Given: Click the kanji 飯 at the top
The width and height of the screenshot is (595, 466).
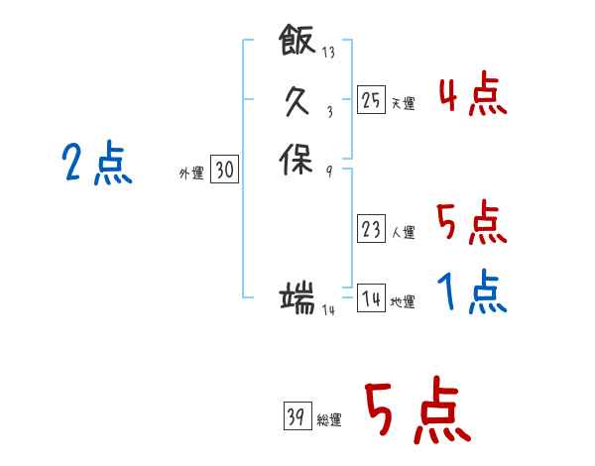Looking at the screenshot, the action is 297,40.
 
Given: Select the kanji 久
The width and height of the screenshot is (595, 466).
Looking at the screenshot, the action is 297,100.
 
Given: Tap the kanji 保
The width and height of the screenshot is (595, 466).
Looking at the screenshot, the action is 296,160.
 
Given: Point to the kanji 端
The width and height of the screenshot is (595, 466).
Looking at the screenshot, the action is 297,297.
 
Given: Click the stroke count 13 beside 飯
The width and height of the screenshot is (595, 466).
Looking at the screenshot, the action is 328,52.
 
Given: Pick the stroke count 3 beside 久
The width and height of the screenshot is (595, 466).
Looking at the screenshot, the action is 330,112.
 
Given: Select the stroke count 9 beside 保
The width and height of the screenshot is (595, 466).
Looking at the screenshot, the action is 329,172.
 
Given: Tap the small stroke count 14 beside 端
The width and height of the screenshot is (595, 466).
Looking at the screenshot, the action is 328,310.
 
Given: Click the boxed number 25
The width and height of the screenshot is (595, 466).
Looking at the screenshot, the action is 371,99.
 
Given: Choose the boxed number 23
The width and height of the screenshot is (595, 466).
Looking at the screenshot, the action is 371,228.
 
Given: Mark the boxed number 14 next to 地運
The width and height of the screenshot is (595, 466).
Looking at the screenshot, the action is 371,297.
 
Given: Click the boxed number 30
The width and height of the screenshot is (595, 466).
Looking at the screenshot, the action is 225,169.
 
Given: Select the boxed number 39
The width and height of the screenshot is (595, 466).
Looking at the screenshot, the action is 297,415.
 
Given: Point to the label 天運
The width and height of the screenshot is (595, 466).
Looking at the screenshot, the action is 404,103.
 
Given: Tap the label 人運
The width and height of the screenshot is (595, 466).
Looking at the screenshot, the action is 404,232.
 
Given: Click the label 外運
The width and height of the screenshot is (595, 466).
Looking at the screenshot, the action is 191,174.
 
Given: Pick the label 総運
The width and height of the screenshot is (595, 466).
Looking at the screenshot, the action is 329,420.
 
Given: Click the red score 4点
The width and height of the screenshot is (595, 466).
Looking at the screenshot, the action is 473,93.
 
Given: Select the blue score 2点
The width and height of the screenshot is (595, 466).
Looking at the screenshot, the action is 97,164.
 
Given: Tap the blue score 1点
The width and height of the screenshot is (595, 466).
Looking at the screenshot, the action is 472,291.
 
